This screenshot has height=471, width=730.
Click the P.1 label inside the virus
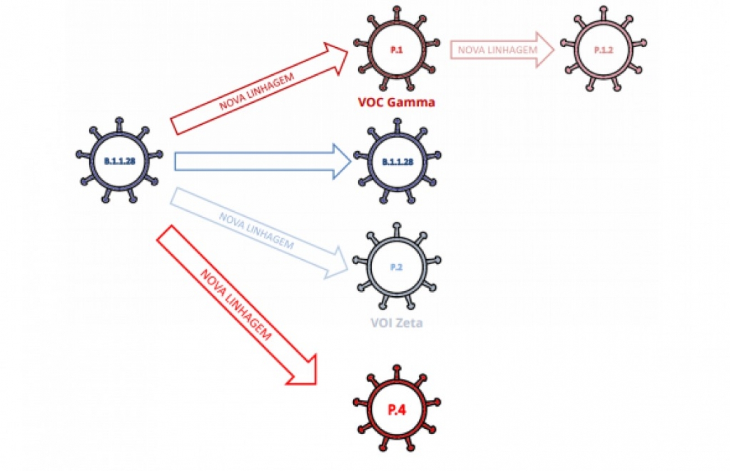tap(396, 50)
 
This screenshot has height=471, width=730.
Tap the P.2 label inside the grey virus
tap(396, 268)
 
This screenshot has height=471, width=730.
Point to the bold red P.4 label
tap(396, 410)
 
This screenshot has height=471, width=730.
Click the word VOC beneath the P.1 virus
tap(372, 103)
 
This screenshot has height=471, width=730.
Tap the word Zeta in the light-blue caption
tap(414, 323)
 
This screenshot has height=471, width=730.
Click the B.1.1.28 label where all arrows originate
tap(119, 161)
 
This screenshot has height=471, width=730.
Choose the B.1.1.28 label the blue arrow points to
tap(397, 162)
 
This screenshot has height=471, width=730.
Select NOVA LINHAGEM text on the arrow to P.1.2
tap(498, 49)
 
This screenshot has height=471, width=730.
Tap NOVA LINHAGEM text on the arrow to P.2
tap(255, 231)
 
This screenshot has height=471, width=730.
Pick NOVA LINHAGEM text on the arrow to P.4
tap(236, 306)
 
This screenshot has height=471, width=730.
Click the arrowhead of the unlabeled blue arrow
tap(340, 162)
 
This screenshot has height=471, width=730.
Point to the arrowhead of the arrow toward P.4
tap(305, 371)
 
